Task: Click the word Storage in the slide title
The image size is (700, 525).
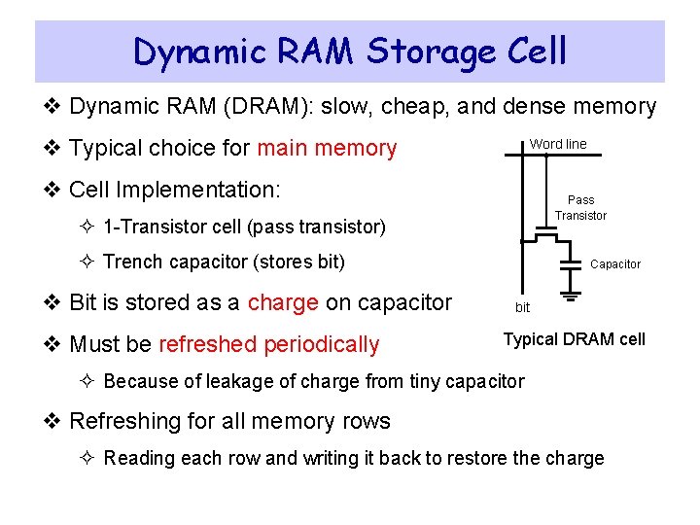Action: pos(428,52)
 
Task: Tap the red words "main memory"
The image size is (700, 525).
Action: pos(327,149)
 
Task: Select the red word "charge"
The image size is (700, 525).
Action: pos(283,302)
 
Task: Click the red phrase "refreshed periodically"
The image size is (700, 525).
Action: pos(268,344)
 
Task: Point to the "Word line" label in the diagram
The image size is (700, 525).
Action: pos(558,144)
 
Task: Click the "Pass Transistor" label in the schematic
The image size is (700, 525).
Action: pos(580,208)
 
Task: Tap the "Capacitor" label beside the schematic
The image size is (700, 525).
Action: pos(615,264)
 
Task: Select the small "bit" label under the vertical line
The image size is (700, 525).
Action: pos(522,307)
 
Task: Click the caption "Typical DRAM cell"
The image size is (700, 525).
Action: pos(574,339)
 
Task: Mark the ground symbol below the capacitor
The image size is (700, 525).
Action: pos(570,290)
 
